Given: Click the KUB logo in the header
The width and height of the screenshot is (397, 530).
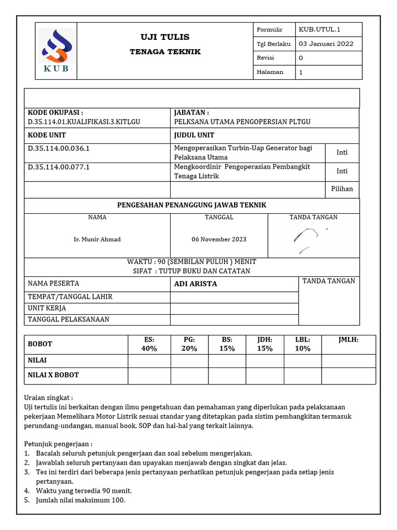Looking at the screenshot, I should (x=56, y=51).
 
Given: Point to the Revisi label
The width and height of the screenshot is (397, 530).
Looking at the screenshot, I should (x=265, y=58).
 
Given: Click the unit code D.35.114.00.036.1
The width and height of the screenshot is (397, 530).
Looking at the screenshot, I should (x=59, y=149).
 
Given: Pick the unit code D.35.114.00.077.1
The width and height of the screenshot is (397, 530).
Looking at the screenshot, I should (x=59, y=167).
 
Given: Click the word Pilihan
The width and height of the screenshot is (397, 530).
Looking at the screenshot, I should (x=342, y=189).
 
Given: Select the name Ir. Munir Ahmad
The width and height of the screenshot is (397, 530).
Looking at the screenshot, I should (x=97, y=239).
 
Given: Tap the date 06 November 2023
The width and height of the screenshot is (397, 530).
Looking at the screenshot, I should (x=219, y=239).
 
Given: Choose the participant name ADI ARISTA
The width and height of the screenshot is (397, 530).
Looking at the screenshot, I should (x=195, y=284).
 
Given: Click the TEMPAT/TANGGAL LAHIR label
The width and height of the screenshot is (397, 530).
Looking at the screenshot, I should (x=70, y=297).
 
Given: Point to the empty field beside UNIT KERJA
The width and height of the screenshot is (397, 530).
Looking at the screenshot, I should (x=234, y=308).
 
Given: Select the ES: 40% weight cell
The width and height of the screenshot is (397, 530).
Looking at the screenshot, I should (x=149, y=344).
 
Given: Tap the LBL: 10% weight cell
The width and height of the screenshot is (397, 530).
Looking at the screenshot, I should (x=302, y=344).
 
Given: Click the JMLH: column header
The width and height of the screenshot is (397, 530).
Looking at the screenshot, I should (x=348, y=340).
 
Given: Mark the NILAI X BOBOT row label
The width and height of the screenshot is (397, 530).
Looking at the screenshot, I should (x=53, y=375).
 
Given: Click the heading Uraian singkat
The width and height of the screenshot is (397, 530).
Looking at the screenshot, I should (x=49, y=398).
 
